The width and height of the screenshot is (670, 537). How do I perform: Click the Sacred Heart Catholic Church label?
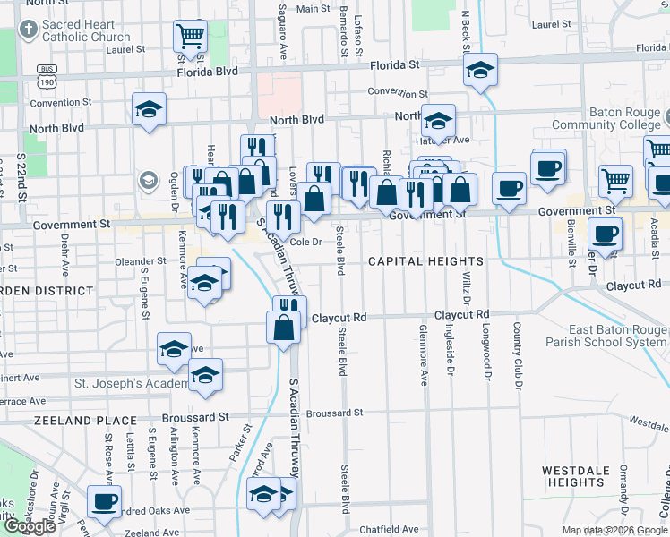click(85, 30)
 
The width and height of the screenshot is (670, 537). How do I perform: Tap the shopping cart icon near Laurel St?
click(190, 37)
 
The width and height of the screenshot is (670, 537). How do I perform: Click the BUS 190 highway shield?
click(47, 76)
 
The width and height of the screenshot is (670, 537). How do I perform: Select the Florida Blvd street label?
click(207, 71)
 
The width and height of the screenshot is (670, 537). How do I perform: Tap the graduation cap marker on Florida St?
click(480, 70)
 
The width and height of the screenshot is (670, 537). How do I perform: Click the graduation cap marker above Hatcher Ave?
click(438, 120)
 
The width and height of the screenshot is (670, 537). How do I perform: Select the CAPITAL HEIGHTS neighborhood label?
click(426, 261)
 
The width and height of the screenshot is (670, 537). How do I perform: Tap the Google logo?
click(29, 526)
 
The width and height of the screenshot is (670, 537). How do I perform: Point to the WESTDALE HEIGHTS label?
click(576, 476)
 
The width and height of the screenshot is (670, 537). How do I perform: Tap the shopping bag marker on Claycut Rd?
click(283, 328)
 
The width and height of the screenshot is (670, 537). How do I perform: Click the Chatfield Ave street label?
click(389, 530)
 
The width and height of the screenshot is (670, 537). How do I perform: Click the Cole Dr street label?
click(305, 242)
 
